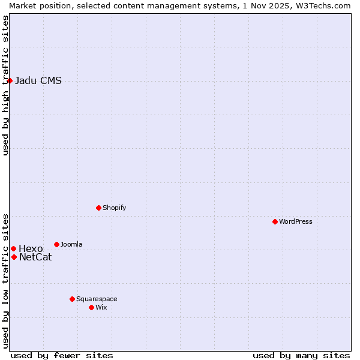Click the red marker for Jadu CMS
point(10,80)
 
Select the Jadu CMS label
point(38,81)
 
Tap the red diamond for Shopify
point(98,208)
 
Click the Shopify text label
point(114,208)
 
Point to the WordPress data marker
point(275,221)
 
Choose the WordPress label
point(295,222)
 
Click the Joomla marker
point(56,244)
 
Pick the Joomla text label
point(71,245)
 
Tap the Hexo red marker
point(13,248)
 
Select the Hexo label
point(31,249)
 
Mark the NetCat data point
point(14,257)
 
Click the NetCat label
point(35,257)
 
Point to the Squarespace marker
point(72,299)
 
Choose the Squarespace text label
point(97,299)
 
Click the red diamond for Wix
point(91,307)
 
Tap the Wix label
point(101,308)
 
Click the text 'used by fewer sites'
point(62,355)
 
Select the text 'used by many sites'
point(301,355)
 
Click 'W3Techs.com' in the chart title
point(322,5)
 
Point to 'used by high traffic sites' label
point(5,85)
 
